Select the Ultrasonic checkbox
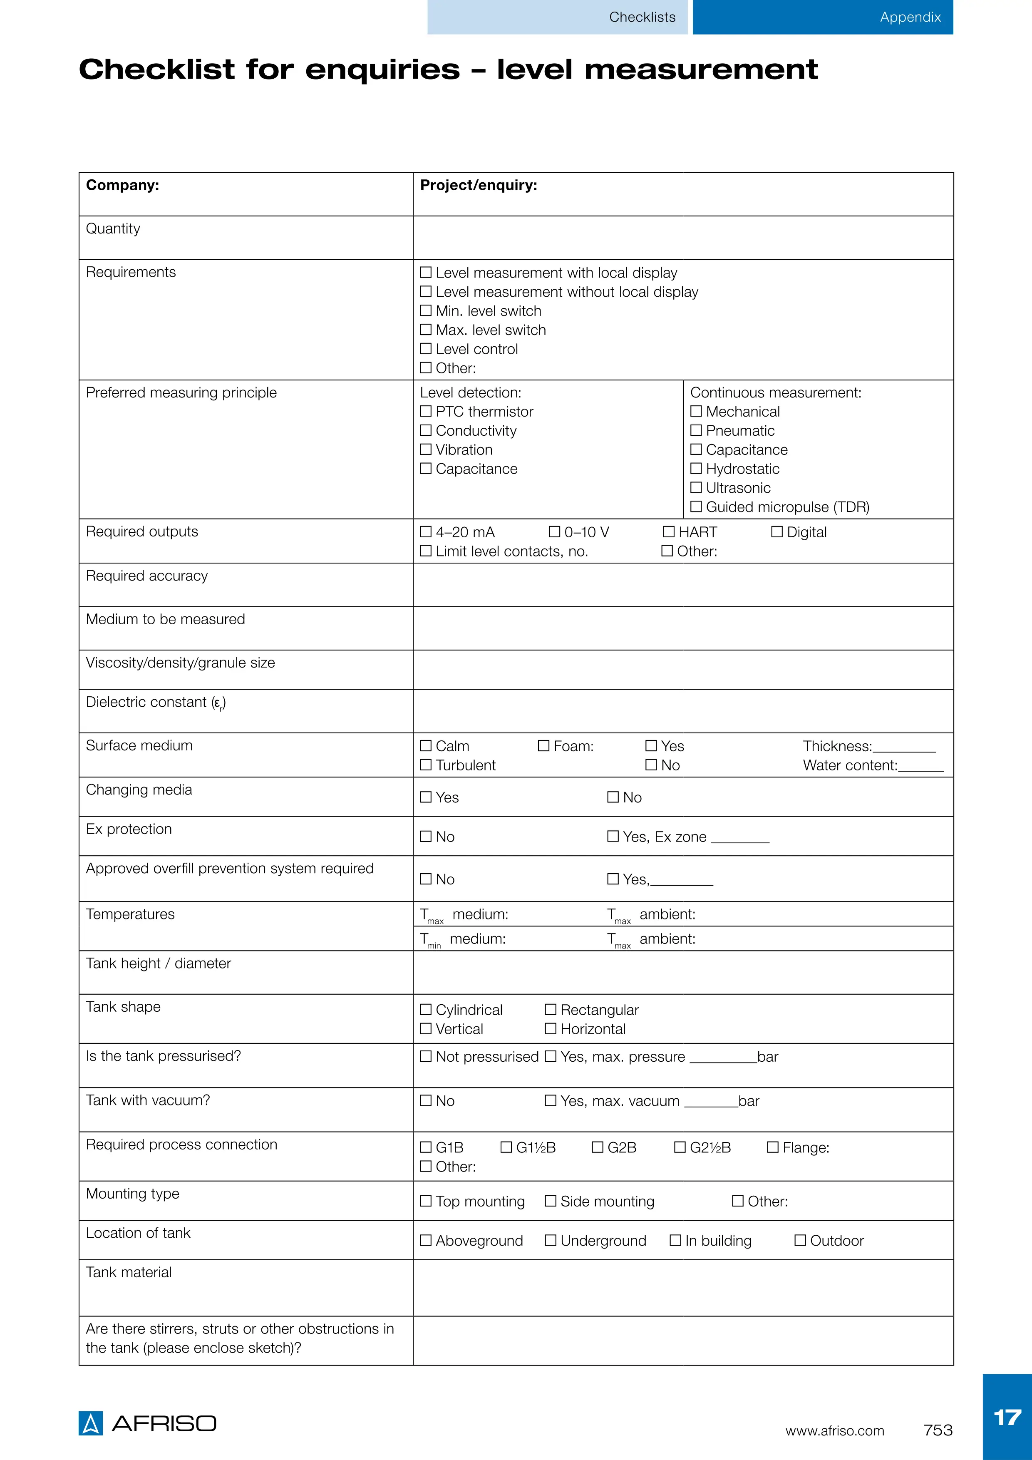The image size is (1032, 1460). (696, 488)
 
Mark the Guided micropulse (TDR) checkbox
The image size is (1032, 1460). (696, 507)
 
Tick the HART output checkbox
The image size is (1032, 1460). (669, 531)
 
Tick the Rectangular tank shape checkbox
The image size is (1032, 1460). (551, 1010)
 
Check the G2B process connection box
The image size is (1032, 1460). (598, 1147)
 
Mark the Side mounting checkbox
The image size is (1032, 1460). (551, 1201)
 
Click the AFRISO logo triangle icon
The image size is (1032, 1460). (90, 1423)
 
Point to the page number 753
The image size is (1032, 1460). (938, 1430)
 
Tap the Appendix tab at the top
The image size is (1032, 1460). (910, 17)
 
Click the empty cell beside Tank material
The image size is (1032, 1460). (683, 1288)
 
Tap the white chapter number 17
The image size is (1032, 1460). (1007, 1418)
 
